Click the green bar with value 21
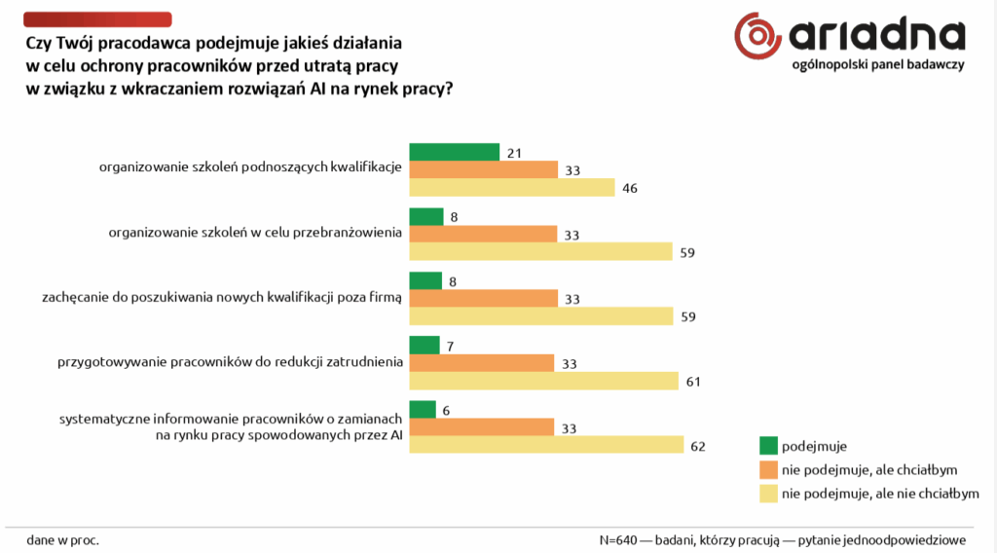(454, 152)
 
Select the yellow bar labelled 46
(512, 188)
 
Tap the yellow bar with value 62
(546, 445)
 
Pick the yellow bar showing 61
(543, 381)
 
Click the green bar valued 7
(425, 345)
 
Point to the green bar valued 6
(422, 409)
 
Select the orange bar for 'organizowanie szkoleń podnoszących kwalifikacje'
(483, 169)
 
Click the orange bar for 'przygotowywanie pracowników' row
(481, 363)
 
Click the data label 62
(698, 446)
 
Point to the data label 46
(630, 188)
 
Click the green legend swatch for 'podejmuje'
(768, 446)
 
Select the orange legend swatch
(768, 469)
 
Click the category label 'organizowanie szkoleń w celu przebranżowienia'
(255, 233)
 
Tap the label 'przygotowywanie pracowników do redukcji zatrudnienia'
(230, 362)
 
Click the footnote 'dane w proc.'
(63, 538)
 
